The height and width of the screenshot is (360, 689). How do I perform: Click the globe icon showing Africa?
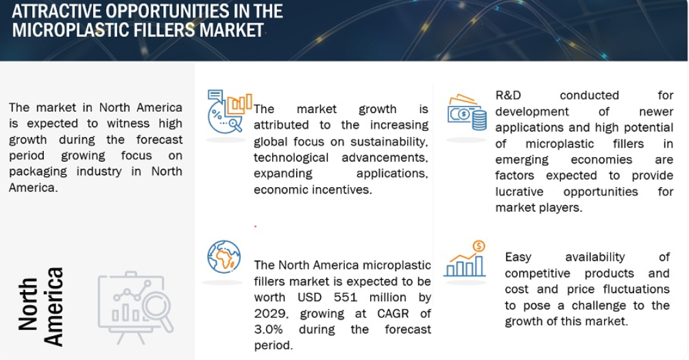click(224, 256)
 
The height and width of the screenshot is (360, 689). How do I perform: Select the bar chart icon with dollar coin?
click(465, 259)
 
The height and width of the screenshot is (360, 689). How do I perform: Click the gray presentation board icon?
click(136, 307)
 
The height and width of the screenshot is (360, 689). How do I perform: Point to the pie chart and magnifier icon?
click(230, 111)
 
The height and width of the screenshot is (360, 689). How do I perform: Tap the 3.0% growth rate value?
click(269, 330)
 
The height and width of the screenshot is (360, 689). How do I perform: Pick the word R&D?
click(508, 95)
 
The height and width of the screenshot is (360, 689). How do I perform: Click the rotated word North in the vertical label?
click(27, 304)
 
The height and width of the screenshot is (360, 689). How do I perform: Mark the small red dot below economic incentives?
click(255, 226)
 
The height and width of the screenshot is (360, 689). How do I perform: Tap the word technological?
click(291, 158)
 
